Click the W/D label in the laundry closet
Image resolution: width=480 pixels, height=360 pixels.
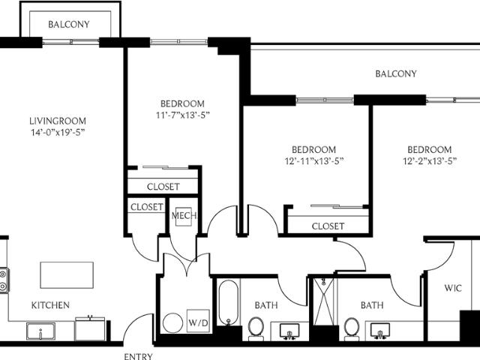click(198, 322)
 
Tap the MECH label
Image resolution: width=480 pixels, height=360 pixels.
click(184, 215)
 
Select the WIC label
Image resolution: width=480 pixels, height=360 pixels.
click(453, 288)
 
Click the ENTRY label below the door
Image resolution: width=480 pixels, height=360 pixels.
click(138, 356)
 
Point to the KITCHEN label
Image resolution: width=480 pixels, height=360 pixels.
click(50, 305)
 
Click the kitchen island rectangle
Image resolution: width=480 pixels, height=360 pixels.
click(67, 275)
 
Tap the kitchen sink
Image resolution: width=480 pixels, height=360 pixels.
click(40, 331)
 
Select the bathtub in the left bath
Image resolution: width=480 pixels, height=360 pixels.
click(228, 303)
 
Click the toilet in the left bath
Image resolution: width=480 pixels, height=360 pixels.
click(256, 328)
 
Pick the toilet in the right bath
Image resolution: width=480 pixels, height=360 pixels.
click(351, 328)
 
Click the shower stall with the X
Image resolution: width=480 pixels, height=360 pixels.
click(324, 301)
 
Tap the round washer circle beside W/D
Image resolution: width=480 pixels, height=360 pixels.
click(172, 323)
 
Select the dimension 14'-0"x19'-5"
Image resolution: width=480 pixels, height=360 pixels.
click(58, 133)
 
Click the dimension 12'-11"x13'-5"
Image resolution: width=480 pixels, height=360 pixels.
click(314, 161)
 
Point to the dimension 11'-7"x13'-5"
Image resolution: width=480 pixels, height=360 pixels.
click(183, 115)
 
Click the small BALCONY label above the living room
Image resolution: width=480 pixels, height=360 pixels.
click(69, 24)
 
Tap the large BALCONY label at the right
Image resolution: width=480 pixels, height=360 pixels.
click(396, 73)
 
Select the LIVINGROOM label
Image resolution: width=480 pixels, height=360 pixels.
click(58, 121)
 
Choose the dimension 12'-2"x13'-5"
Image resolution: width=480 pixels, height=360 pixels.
click(430, 161)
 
